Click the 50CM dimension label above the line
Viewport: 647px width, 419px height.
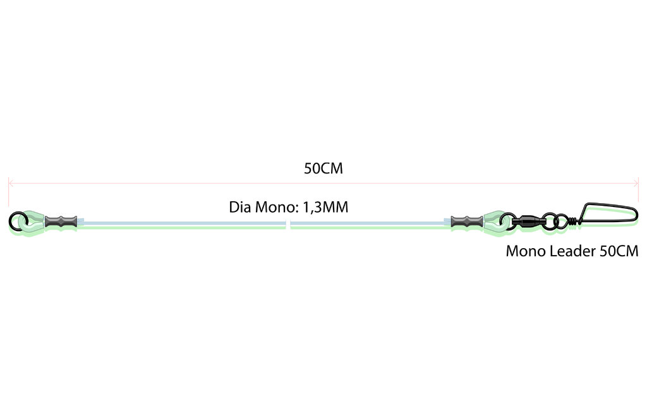[323, 168]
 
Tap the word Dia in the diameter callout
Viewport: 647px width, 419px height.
[240, 207]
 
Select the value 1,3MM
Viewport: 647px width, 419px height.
[325, 207]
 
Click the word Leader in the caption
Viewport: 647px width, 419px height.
[557, 251]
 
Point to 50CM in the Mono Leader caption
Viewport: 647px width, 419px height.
[619, 251]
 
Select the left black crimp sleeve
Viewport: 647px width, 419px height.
[61, 221]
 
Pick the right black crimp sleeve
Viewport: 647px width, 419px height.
[467, 221]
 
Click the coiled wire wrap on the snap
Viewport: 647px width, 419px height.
[572, 221]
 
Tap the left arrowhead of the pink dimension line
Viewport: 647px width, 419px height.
[11, 183]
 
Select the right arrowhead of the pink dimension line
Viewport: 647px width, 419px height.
[636, 183]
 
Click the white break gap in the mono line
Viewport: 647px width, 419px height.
[288, 225]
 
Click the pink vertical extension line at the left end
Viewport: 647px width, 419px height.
[8, 192]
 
